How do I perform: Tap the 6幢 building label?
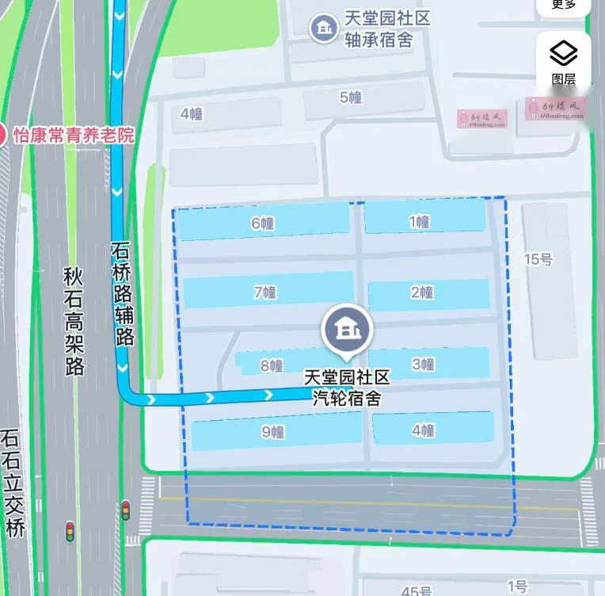[262, 223]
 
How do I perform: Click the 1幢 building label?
[419, 222]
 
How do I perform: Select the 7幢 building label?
[265, 292]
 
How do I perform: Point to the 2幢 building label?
[422, 292]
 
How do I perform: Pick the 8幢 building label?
[272, 365]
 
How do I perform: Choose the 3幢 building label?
[424, 365]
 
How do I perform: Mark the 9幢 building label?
[272, 432]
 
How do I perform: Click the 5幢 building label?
[351, 98]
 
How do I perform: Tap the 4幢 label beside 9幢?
[424, 430]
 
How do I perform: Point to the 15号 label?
[538, 259]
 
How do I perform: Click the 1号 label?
[517, 586]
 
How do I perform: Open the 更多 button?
[564, 5]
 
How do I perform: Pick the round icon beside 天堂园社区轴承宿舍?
[322, 29]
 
